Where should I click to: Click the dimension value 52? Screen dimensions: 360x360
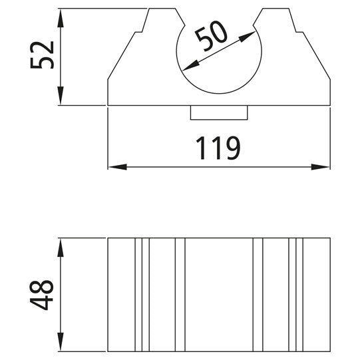pos(41,57)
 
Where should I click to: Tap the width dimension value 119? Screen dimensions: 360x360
pos(218,149)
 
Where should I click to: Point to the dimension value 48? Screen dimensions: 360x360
pos(41,294)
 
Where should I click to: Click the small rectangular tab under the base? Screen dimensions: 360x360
pos(219,113)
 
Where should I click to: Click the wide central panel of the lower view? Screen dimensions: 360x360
pos(218,294)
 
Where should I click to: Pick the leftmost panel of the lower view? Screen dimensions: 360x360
pos(121,294)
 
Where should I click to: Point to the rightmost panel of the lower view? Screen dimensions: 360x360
pos(317,294)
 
